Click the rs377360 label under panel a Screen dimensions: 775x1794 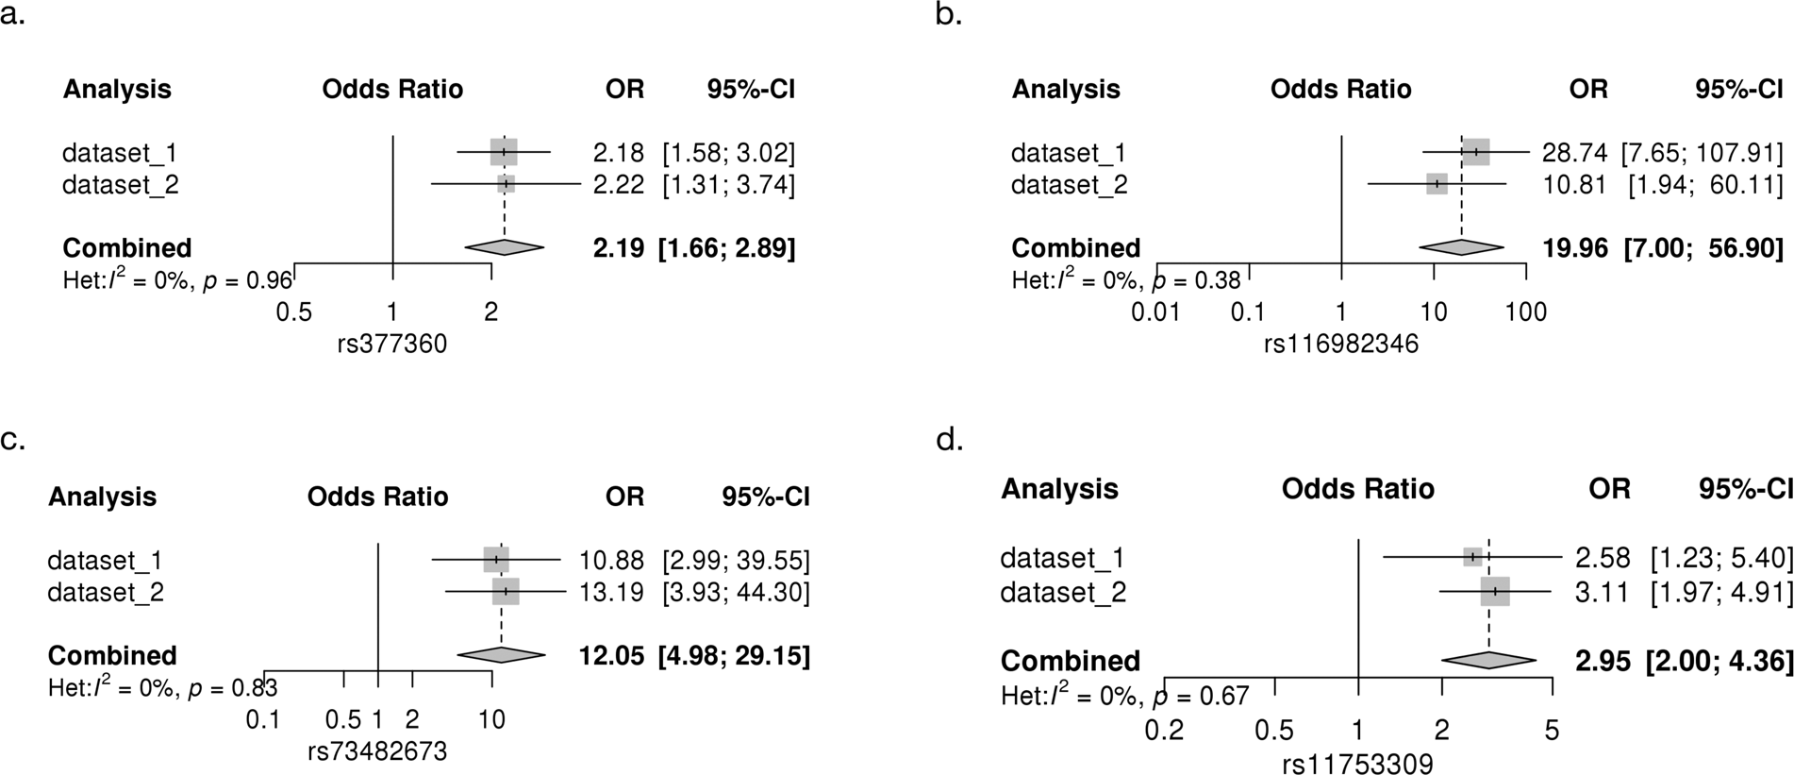point(391,345)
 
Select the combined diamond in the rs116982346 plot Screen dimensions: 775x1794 point(1461,247)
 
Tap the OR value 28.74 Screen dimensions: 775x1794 point(1574,153)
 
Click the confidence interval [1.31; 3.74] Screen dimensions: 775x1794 point(728,185)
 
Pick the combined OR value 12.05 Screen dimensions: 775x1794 point(611,655)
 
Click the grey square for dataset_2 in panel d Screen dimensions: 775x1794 point(1495,592)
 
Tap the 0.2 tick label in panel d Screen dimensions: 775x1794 point(1164,731)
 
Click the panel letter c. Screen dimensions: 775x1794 point(12,441)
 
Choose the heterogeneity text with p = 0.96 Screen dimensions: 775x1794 point(170,280)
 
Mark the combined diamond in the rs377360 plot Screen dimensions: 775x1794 point(505,247)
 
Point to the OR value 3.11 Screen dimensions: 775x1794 point(1603,593)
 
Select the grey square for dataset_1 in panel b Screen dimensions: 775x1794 point(1476,152)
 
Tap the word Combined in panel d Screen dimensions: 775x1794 point(1071,661)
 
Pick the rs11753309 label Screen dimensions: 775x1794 point(1357,763)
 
